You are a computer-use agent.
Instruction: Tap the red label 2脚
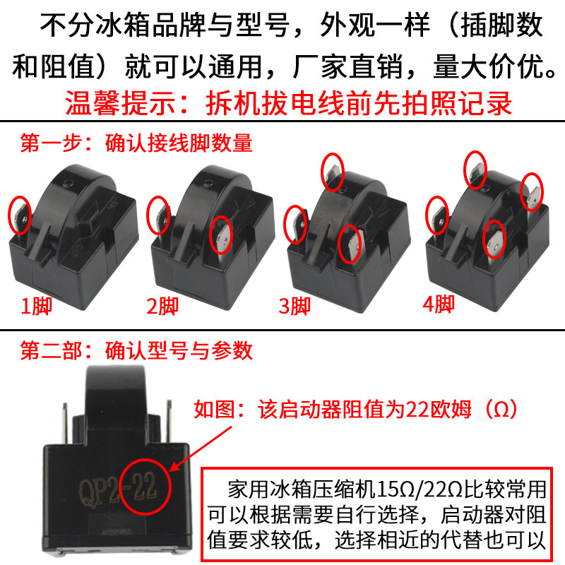(163, 307)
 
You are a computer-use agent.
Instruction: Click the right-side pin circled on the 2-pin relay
(222, 235)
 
